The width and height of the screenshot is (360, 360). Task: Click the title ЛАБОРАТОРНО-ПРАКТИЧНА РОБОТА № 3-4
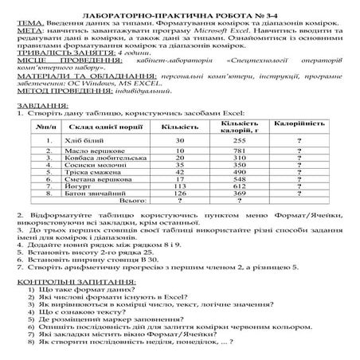179,6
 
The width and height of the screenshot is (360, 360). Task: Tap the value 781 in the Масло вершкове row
237,151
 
